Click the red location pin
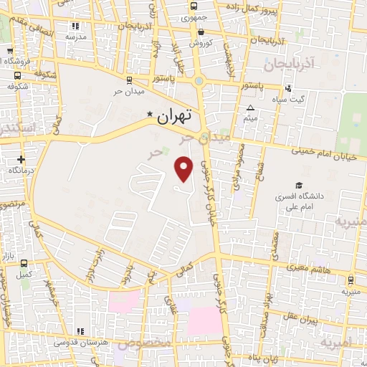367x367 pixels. [x=185, y=168]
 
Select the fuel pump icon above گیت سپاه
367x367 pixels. [x=288, y=88]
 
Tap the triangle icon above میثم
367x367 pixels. [x=251, y=108]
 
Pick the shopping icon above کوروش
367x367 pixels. [x=201, y=32]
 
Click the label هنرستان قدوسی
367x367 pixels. [x=81, y=342]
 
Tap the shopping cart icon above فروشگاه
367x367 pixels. [x=9, y=52]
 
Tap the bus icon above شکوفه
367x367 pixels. [x=17, y=75]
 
